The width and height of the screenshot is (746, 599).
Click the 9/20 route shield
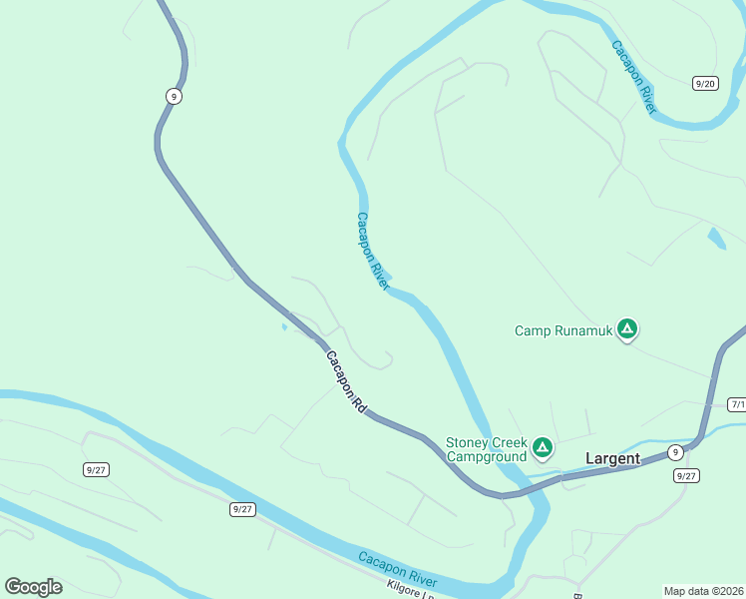(x=705, y=83)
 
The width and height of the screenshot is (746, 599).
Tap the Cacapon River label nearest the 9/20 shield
(x=633, y=77)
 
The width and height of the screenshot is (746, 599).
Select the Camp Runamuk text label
(x=561, y=329)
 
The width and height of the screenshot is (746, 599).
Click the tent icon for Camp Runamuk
(x=626, y=327)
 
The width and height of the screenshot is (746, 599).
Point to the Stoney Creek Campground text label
(x=486, y=449)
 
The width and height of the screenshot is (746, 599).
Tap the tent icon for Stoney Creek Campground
(x=542, y=447)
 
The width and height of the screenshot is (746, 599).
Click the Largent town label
(x=612, y=458)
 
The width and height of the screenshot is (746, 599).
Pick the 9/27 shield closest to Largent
(x=686, y=475)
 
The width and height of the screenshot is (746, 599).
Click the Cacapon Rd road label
(x=346, y=381)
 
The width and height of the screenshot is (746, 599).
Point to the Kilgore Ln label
(x=413, y=591)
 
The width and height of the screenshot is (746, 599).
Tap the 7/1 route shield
(x=737, y=404)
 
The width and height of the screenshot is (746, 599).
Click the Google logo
(x=33, y=587)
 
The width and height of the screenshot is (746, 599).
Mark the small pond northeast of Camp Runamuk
(x=715, y=238)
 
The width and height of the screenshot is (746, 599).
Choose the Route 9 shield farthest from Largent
(x=175, y=96)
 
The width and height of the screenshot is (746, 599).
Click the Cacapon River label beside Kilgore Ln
(x=397, y=570)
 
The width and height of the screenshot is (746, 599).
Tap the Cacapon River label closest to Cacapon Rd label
(x=372, y=251)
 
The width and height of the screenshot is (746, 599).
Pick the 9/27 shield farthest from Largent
(x=97, y=469)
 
